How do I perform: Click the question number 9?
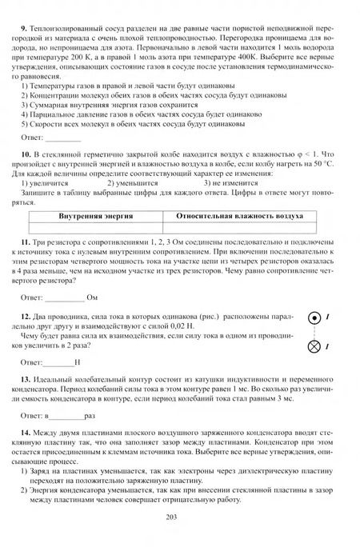pos(25,10)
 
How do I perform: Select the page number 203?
pos(179,517)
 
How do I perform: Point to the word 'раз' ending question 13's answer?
pos(90,417)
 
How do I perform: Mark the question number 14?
pos(26,433)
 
